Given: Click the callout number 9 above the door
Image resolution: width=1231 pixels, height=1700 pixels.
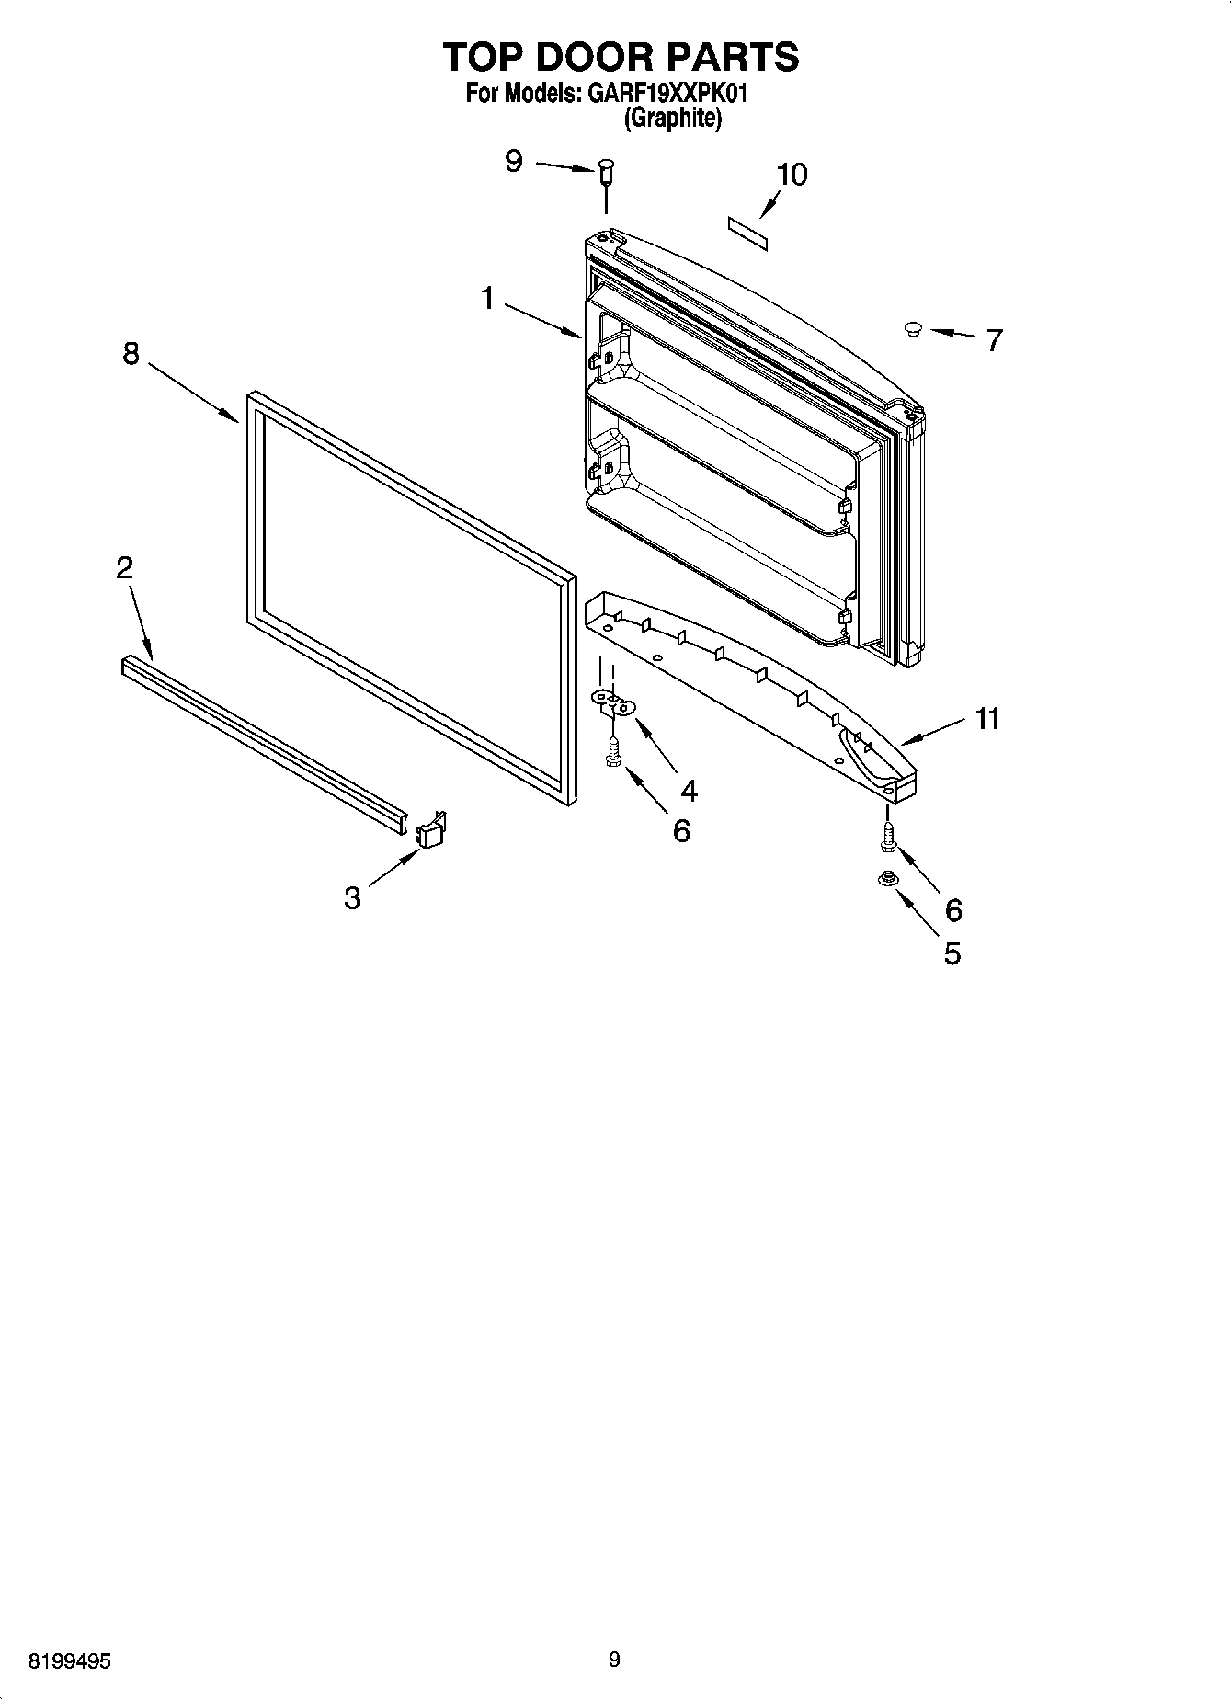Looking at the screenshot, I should tap(514, 161).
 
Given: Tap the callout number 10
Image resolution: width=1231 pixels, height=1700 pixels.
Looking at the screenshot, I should tap(792, 175).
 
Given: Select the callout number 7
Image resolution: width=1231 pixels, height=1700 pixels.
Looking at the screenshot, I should tap(993, 340).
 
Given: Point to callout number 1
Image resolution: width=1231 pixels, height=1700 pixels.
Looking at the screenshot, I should tap(487, 298).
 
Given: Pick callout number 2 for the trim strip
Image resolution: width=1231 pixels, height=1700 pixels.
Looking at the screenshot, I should tap(124, 567).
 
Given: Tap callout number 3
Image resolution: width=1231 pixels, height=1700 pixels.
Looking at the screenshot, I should tap(352, 896).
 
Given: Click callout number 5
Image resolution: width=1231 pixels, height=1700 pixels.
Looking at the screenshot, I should tap(952, 953).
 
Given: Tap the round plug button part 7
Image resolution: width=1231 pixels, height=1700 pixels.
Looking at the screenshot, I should tap(913, 328).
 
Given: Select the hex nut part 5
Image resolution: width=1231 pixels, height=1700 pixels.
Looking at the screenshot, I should tap(887, 879).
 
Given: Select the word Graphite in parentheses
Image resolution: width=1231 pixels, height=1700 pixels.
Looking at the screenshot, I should tap(672, 118).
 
